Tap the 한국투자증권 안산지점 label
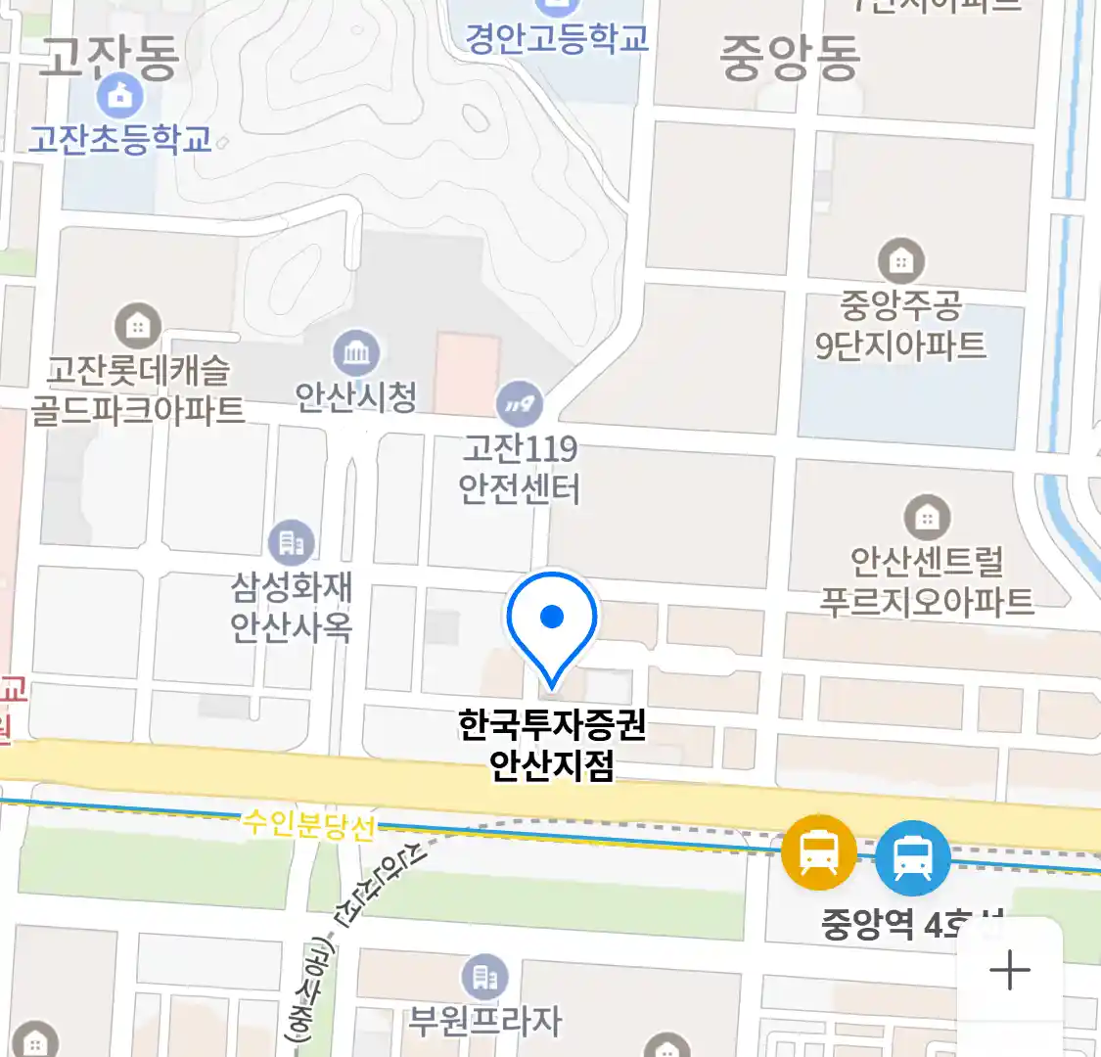(x=552, y=745)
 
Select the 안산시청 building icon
(x=356, y=352)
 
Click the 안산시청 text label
(x=356, y=396)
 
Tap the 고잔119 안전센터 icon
(x=520, y=403)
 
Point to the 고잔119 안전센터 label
(x=520, y=469)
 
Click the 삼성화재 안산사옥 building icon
(x=292, y=541)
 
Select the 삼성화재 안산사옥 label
(x=292, y=607)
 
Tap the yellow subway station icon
(x=818, y=852)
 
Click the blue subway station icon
(x=912, y=858)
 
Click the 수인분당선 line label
(x=308, y=825)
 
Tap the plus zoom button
(x=1009, y=971)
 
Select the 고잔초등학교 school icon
(x=120, y=96)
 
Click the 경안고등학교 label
(x=556, y=39)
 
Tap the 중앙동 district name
(x=789, y=57)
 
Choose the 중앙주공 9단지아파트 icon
(x=901, y=261)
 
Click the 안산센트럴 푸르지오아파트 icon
(x=926, y=516)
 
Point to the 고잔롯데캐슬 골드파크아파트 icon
(x=138, y=325)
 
